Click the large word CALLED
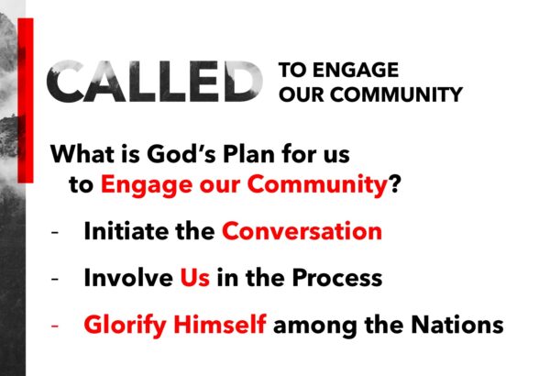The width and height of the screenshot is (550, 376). pos(154,82)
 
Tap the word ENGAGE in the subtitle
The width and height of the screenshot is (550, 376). pos(356,70)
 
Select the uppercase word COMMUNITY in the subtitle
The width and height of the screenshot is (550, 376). pos(396,94)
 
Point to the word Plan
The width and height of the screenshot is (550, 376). pos(248,154)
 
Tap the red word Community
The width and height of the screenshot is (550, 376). pos(317,185)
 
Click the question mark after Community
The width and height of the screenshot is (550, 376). pos(394,183)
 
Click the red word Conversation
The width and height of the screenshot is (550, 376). pos(302,231)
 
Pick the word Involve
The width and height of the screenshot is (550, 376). pos(128,277)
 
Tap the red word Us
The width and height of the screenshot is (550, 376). pos(195,278)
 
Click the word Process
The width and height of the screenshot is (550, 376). pos(337,278)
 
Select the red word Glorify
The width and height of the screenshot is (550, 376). pos(125,326)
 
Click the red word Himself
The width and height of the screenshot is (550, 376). pos(220,324)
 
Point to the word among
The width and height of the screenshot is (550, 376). pos(315,326)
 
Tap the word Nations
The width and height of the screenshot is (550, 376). pos(457,325)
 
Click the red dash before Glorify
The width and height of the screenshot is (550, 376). pos(54,326)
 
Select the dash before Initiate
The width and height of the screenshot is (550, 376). pos(54,232)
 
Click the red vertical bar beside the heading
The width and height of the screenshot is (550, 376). pos(26,100)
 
